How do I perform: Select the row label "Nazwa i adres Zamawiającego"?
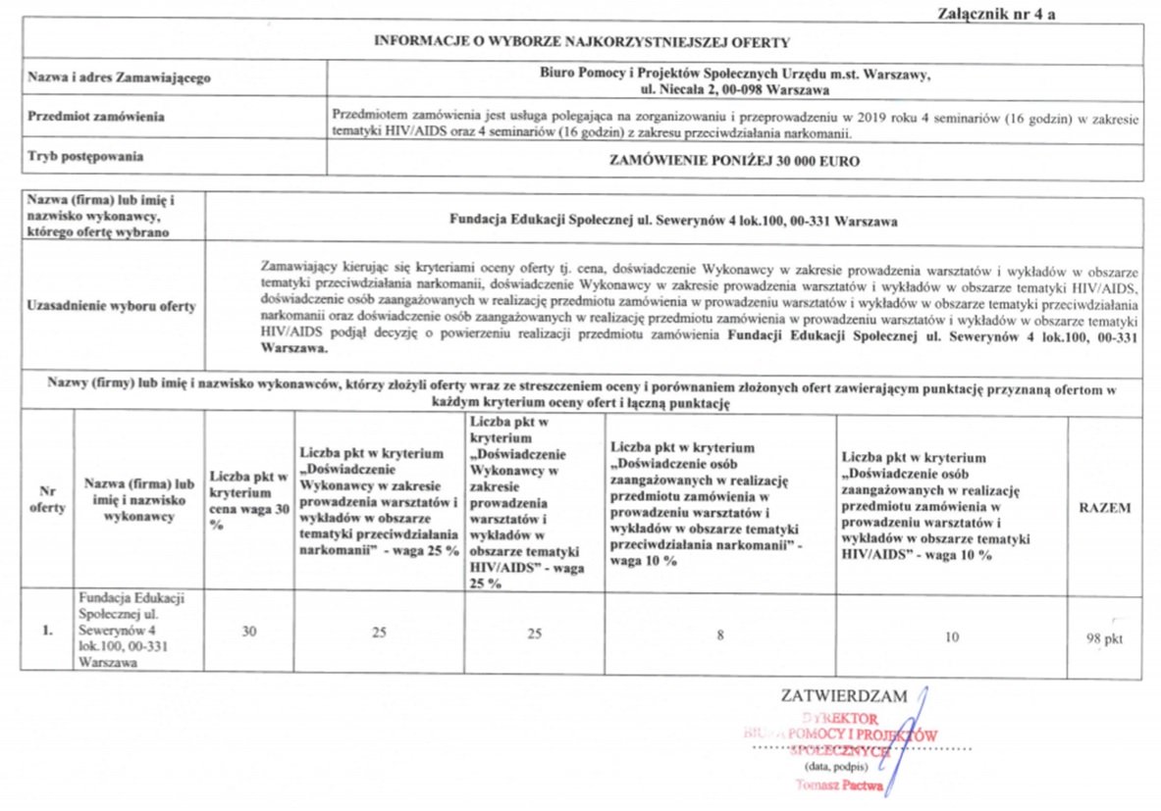(x=120, y=76)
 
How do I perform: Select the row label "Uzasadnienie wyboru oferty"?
(x=112, y=306)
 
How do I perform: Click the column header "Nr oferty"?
(x=46, y=500)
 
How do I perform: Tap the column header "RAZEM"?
(x=1104, y=508)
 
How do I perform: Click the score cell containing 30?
(x=249, y=633)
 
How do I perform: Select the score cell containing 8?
(x=720, y=635)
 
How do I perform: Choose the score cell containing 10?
(x=951, y=637)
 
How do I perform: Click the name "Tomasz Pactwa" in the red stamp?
(x=840, y=786)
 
